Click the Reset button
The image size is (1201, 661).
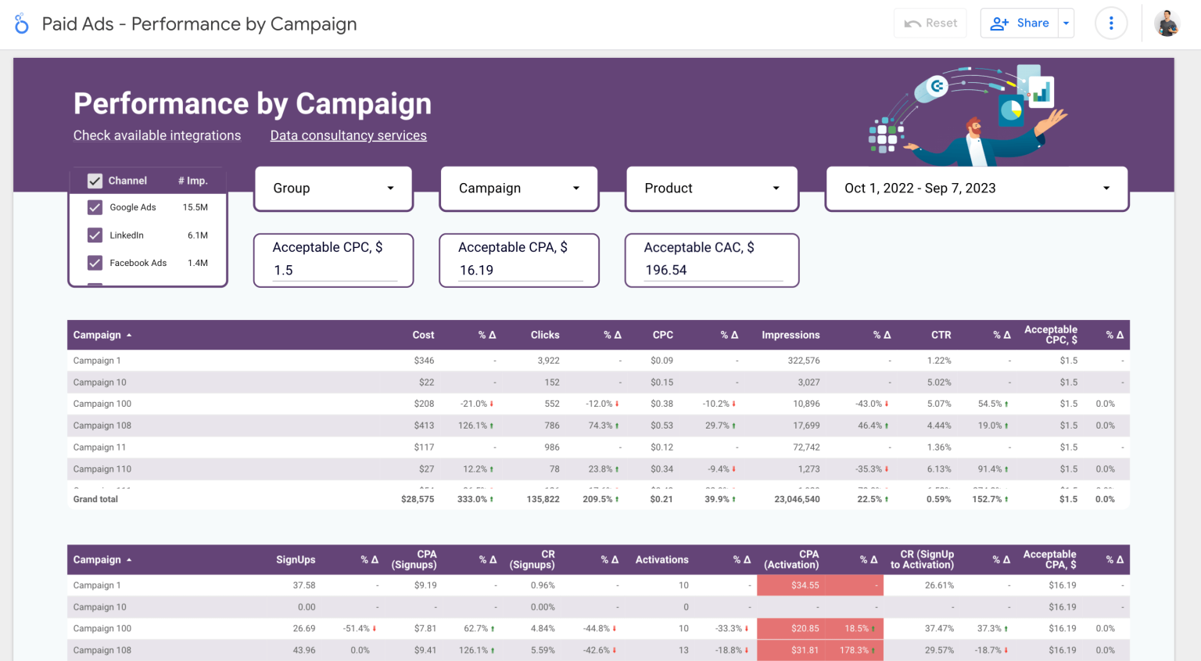coord(930,23)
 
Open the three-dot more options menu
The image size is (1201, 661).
coord(1111,23)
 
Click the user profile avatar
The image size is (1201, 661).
coord(1167,23)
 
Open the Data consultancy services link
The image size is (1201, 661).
coord(348,135)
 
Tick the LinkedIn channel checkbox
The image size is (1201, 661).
coord(95,235)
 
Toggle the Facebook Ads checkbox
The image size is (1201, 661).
coord(95,263)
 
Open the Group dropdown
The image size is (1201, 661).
coord(333,189)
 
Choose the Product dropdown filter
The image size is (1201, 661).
coord(712,189)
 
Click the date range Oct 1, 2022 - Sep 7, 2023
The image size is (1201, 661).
coord(977,189)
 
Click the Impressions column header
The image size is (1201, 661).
coord(791,335)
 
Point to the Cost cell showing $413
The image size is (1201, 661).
coord(424,426)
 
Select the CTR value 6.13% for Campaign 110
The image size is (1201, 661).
coord(939,469)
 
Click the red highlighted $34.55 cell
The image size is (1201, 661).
coord(805,585)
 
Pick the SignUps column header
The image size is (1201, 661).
coord(296,560)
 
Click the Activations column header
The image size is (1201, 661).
coord(661,560)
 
